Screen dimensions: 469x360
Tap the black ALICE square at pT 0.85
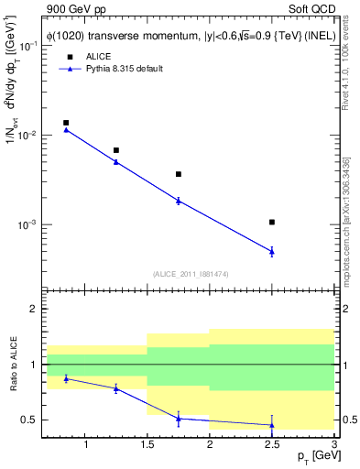66,123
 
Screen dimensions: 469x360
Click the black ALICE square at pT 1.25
115,150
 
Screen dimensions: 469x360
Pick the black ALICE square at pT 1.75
178,174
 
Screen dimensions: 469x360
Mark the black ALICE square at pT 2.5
272,222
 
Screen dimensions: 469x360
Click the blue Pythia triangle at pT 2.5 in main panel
272,251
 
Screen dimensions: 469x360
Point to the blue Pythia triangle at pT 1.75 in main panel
178,200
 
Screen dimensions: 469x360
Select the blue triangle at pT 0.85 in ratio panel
66,378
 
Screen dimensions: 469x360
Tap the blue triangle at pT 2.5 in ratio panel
272,424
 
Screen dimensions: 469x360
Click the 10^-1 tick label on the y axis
30,46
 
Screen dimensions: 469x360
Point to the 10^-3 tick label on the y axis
30,224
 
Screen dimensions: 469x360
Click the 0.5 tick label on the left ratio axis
31,420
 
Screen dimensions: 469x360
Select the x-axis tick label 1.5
147,445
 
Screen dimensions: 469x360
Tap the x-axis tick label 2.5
272,445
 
